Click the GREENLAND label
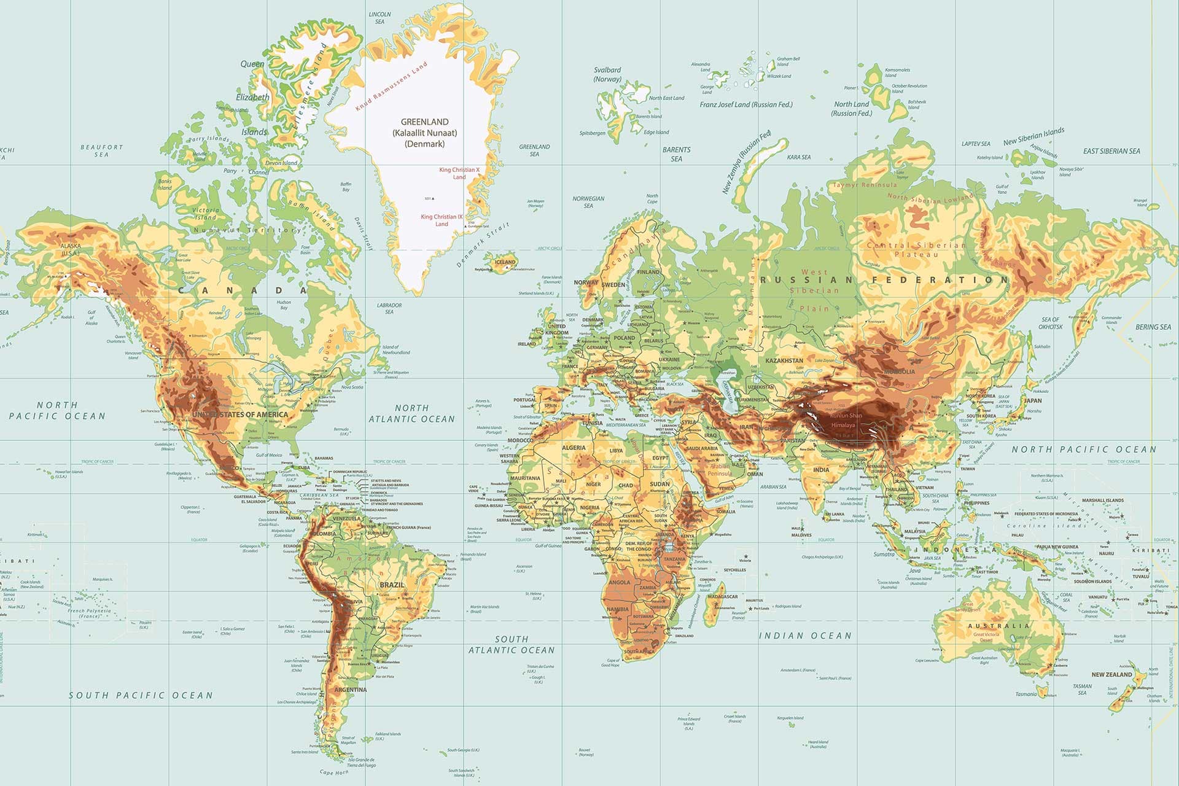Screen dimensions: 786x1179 pyautogui.click(x=424, y=122)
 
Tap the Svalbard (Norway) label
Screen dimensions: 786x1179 pyautogui.click(x=607, y=74)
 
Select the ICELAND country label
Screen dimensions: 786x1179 pyautogui.click(x=505, y=262)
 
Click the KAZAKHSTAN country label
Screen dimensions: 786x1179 pyautogui.click(x=784, y=360)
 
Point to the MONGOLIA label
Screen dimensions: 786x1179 pyautogui.click(x=899, y=372)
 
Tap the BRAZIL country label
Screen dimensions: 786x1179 pyautogui.click(x=392, y=585)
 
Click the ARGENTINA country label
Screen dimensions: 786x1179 pyautogui.click(x=351, y=690)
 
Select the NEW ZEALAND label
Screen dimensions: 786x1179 pyautogui.click(x=1111, y=674)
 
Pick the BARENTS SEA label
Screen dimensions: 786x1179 pyautogui.click(x=676, y=154)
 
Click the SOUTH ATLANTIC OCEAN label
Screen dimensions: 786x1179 pyautogui.click(x=512, y=645)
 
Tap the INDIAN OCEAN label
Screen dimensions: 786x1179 pyautogui.click(x=806, y=636)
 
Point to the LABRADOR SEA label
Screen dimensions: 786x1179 pyautogui.click(x=389, y=308)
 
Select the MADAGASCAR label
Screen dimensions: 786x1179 pyautogui.click(x=723, y=597)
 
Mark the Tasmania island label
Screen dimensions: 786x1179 pyautogui.click(x=1026, y=694)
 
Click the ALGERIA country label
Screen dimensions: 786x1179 pyautogui.click(x=574, y=448)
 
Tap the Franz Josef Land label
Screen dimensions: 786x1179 pyautogui.click(x=746, y=105)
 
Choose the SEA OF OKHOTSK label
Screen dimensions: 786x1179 pyautogui.click(x=1051, y=323)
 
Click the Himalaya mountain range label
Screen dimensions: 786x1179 pyautogui.click(x=842, y=425)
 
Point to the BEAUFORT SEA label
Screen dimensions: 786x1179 pyautogui.click(x=102, y=150)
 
